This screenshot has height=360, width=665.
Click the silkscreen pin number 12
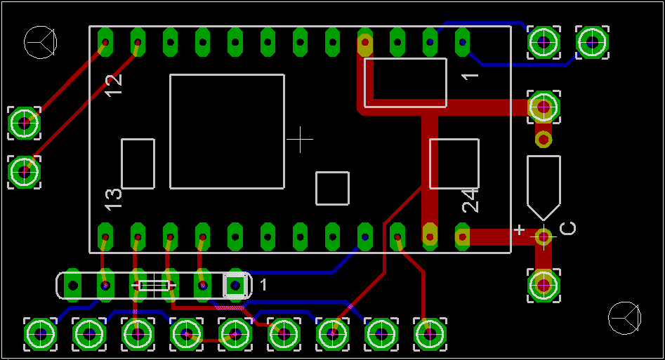[x=113, y=85]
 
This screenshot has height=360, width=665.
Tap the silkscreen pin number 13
[x=113, y=199]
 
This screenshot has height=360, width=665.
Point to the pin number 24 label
[x=470, y=201]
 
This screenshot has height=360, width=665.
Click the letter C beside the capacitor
[x=568, y=228]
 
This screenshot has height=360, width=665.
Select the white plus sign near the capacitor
[x=519, y=229]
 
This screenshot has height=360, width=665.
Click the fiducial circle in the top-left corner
[x=40, y=42]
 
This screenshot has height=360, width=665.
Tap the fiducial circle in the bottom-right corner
[x=625, y=318]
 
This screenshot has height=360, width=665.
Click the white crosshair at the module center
[x=301, y=139]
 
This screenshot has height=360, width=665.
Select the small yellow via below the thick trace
[x=544, y=139]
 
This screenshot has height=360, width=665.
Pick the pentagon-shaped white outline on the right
[x=544, y=187]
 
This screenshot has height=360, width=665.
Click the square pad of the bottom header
[x=235, y=285]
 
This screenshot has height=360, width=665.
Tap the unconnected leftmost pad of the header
[x=72, y=285]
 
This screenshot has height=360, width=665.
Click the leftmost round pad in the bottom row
[x=40, y=334]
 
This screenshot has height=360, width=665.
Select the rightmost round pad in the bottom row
[x=430, y=334]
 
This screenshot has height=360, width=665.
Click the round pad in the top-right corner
[x=592, y=42]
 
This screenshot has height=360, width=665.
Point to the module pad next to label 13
[x=105, y=236]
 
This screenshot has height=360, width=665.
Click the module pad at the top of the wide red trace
[x=364, y=42]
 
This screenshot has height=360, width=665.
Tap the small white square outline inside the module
[x=333, y=188]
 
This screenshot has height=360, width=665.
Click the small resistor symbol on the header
[x=154, y=286]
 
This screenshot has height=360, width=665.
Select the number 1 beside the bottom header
[x=263, y=285]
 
